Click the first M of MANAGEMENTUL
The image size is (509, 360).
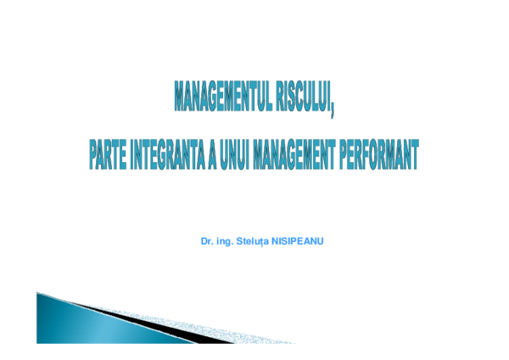click(180, 98)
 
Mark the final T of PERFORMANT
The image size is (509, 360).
click(414, 157)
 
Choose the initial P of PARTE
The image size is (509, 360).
click(93, 157)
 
